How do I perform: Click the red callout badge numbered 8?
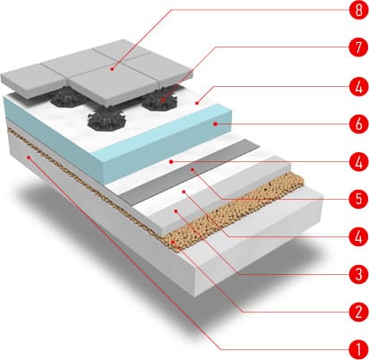[x=359, y=10]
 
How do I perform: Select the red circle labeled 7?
[x=359, y=47]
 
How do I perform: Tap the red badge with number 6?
[x=359, y=124]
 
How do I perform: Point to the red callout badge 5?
[x=359, y=199]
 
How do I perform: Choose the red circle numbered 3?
[x=359, y=273]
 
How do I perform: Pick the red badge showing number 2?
[x=359, y=312]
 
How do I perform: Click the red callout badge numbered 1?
[x=359, y=349]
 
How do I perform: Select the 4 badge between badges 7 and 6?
[x=359, y=87]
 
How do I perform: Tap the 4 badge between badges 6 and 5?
[x=359, y=162]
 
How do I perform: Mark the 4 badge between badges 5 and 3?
[x=359, y=236]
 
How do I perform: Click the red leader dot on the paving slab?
[x=112, y=69]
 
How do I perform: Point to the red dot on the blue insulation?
[x=215, y=124]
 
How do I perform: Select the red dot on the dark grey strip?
[x=193, y=169]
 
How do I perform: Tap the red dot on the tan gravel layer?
[x=173, y=241]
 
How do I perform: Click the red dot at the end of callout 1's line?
[x=29, y=157]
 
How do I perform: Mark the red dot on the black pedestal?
[x=163, y=99]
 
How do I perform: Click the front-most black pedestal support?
[x=107, y=119]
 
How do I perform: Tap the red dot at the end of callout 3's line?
[x=176, y=211]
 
